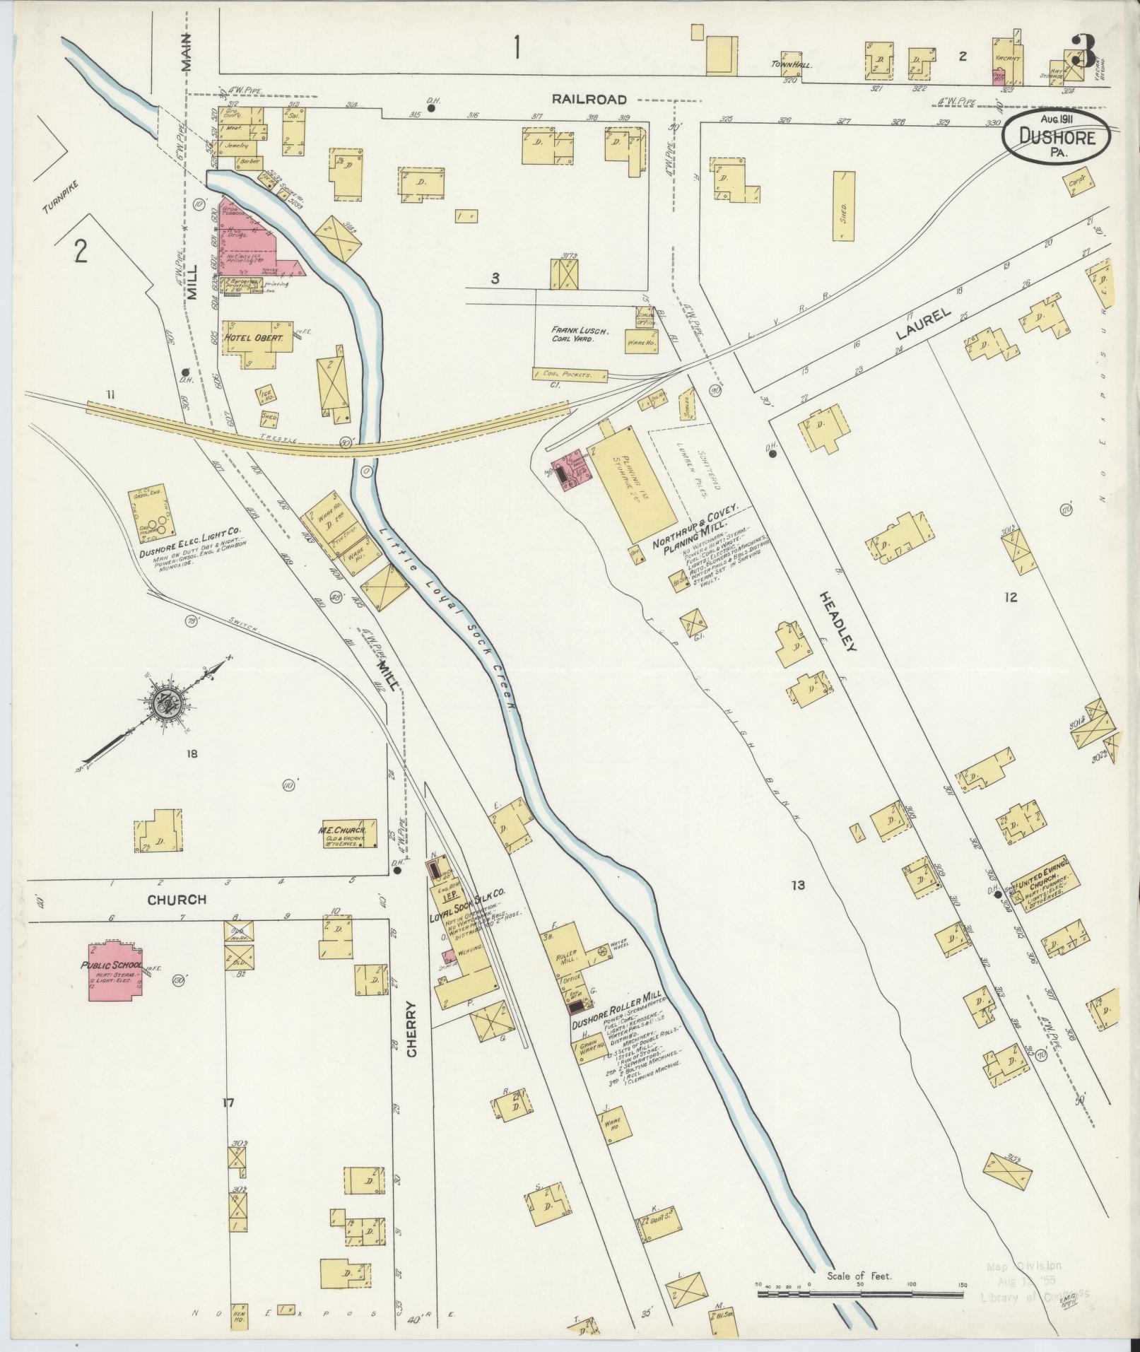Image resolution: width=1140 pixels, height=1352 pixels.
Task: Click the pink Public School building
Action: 114,970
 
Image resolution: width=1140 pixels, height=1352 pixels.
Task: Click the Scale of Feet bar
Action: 860,1294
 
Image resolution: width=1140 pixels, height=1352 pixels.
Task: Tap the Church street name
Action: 177,900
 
